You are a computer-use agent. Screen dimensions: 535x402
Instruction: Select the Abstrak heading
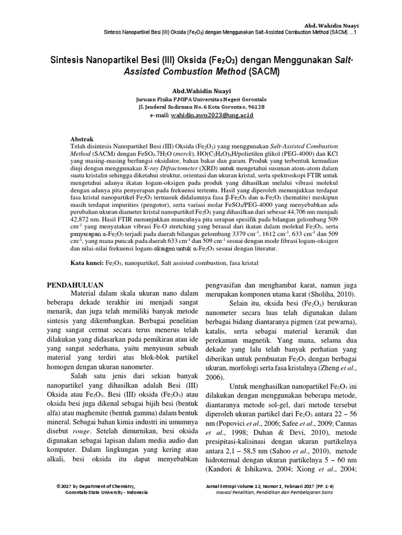pos(82,139)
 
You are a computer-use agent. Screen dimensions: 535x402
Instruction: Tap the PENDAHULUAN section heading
pos(76,286)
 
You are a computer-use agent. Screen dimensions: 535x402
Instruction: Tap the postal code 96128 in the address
pos(253,107)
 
